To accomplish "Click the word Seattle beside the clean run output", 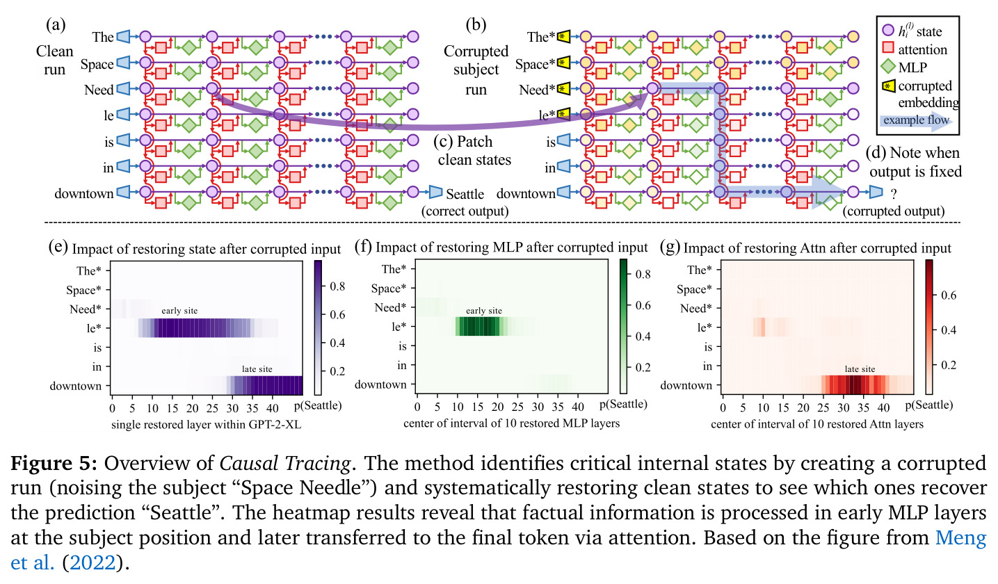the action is pos(465,194).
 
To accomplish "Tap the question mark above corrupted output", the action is pos(894,194).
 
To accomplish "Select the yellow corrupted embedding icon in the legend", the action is pos(888,86).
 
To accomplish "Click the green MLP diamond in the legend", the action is pos(888,67).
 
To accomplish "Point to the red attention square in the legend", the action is pos(888,48).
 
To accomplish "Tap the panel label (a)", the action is pos(56,24).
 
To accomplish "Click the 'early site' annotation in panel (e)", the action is pos(179,311).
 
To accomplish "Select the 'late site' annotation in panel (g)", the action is pos(860,369).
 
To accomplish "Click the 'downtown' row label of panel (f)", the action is pos(380,384).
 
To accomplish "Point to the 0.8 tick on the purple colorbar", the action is pos(337,286).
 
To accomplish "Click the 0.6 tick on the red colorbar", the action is pos(948,295).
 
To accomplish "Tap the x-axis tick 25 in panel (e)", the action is pos(213,408).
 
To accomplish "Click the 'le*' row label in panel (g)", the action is pos(702,328).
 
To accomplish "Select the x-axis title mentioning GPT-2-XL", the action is pos(207,425).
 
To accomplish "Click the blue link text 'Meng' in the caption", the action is pos(960,537).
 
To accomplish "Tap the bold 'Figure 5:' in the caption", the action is pos(54,464).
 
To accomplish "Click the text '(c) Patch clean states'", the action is pos(474,151).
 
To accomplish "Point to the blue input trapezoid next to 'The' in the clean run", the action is pos(123,37).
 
